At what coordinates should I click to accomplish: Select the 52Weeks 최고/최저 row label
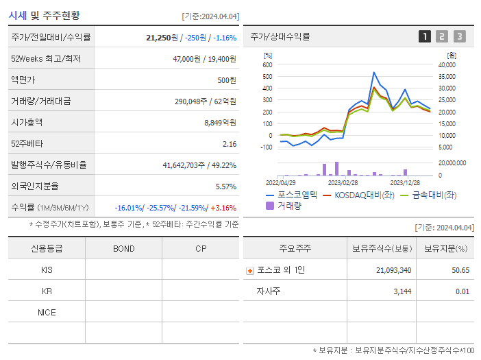[x=46, y=59]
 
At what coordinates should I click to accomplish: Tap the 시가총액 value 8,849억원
[x=220, y=123]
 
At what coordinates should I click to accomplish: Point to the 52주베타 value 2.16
[x=230, y=144]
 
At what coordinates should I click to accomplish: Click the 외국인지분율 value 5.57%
[x=225, y=187]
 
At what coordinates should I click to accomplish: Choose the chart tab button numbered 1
[x=425, y=36]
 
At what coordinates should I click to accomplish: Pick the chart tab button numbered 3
[x=459, y=36]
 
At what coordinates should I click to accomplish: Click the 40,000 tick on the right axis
[x=446, y=65]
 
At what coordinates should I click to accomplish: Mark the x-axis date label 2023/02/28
[x=343, y=183]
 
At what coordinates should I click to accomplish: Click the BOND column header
[x=123, y=248]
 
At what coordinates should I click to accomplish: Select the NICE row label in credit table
[x=47, y=312]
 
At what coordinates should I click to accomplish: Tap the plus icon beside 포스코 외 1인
[x=250, y=270]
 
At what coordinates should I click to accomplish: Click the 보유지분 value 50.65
[x=460, y=270]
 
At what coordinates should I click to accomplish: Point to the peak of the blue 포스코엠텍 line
[x=373, y=72]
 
